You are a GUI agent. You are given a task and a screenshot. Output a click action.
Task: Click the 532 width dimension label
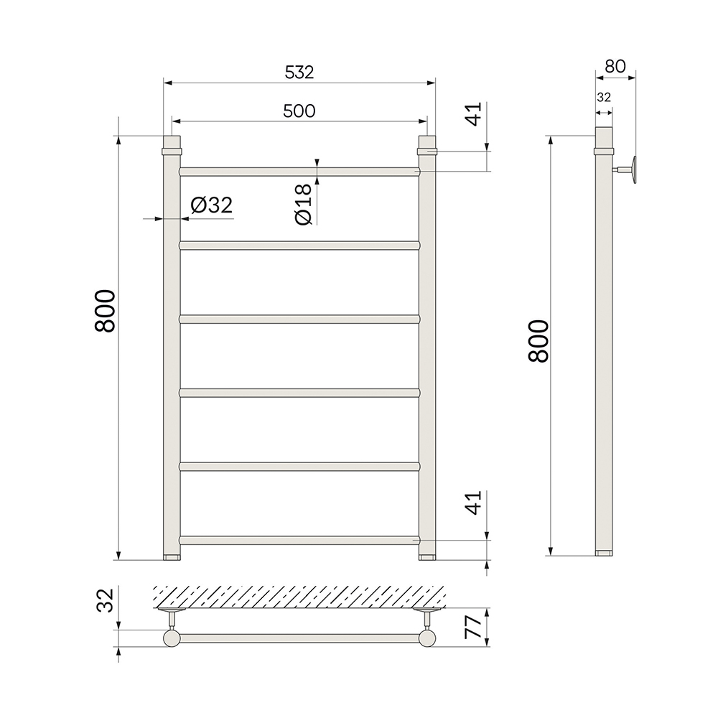click(299, 73)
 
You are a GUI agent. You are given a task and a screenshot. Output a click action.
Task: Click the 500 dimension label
click(299, 111)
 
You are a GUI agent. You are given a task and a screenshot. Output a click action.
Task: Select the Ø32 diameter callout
click(212, 205)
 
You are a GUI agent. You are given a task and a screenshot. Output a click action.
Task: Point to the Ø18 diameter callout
click(304, 204)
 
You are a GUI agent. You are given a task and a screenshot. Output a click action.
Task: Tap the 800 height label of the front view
click(105, 311)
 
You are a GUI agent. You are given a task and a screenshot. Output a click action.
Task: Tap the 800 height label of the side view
click(538, 341)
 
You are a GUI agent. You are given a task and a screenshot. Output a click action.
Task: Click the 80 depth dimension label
click(615, 66)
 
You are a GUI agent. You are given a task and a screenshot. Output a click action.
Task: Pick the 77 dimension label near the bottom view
click(473, 628)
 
